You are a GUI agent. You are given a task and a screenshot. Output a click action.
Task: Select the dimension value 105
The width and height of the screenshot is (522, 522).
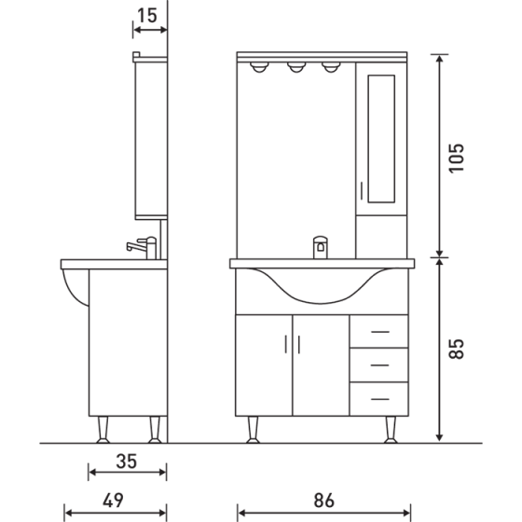pyautogui.click(x=455, y=157)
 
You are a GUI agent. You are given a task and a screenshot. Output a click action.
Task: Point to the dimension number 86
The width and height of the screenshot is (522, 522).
pyautogui.click(x=323, y=501)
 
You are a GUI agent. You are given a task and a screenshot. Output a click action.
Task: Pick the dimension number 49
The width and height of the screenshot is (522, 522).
pyautogui.click(x=113, y=501)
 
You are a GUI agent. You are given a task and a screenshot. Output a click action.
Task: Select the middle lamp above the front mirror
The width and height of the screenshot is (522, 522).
pyautogui.click(x=296, y=68)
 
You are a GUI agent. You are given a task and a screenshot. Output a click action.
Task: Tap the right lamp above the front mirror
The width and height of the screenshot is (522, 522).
pyautogui.click(x=330, y=68)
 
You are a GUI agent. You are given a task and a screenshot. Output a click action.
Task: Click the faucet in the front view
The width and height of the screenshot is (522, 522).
pyautogui.click(x=319, y=247)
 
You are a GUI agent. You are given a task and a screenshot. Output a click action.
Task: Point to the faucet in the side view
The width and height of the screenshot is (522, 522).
pyautogui.click(x=142, y=248)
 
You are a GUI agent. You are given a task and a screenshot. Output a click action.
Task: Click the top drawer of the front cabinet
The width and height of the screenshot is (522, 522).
pyautogui.click(x=378, y=331)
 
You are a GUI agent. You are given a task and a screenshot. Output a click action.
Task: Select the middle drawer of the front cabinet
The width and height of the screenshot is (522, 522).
pyautogui.click(x=378, y=364)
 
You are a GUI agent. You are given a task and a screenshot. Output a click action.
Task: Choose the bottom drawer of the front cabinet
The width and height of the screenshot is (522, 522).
pyautogui.click(x=378, y=398)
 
